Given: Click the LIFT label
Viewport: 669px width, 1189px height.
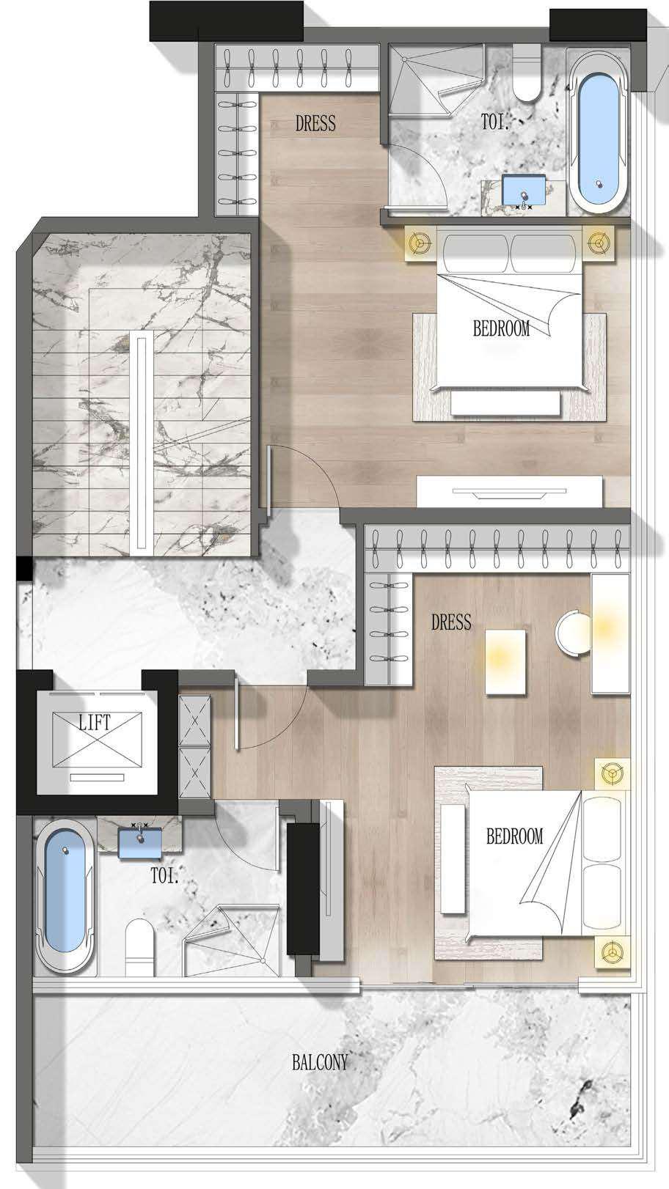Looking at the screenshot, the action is pos(95,723).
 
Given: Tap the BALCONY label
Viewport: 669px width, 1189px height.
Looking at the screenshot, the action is pos(321,1062).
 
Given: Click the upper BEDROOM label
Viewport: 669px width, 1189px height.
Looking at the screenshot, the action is pos(501,328).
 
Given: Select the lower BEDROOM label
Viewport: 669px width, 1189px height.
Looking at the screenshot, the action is pos(514,836).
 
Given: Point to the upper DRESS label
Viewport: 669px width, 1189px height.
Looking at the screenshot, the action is pos(315,123).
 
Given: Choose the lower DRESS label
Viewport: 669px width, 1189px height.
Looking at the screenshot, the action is pos(451,622).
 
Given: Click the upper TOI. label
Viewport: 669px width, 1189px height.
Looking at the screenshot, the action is pos(494,122).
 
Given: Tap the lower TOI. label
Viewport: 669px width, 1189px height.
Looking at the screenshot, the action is pos(164,875).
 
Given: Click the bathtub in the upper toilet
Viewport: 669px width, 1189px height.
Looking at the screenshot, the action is pos(599,133).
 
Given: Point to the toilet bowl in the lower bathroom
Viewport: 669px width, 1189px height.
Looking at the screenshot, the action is pos(140,948).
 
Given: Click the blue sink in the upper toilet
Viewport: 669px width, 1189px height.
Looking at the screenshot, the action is pos(524,190).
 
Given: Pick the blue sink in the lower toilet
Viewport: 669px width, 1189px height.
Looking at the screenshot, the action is pos(140,843).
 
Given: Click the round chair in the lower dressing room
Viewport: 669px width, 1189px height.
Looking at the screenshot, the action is pos(574,633).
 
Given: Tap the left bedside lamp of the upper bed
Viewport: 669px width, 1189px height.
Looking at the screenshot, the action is pos(421,243).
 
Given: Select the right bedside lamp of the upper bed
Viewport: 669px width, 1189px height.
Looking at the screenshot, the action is pos(599,243).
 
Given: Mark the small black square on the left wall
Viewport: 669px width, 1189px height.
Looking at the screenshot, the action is pos(24,569).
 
